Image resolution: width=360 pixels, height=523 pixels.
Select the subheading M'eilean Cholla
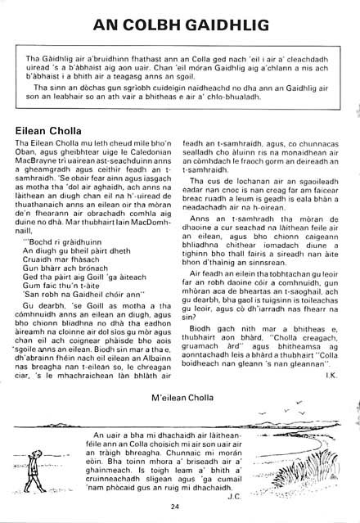[181, 397]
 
